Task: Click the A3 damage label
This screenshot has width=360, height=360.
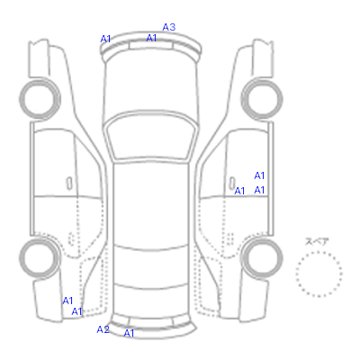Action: [x=169, y=27]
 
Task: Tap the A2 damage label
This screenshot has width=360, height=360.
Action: [x=103, y=329]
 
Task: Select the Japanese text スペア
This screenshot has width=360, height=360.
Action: [x=317, y=241]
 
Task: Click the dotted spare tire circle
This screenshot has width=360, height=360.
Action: [x=319, y=252]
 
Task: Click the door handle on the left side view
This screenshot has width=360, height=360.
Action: [x=69, y=184]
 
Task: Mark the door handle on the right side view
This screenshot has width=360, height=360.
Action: [x=232, y=183]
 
